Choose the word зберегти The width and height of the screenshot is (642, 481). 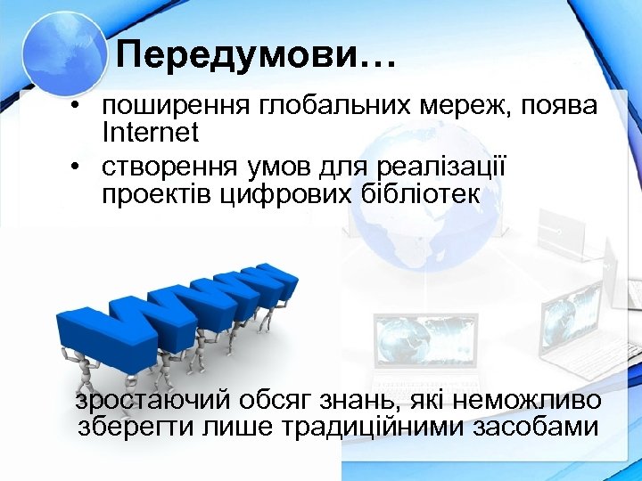[x=131, y=427]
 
